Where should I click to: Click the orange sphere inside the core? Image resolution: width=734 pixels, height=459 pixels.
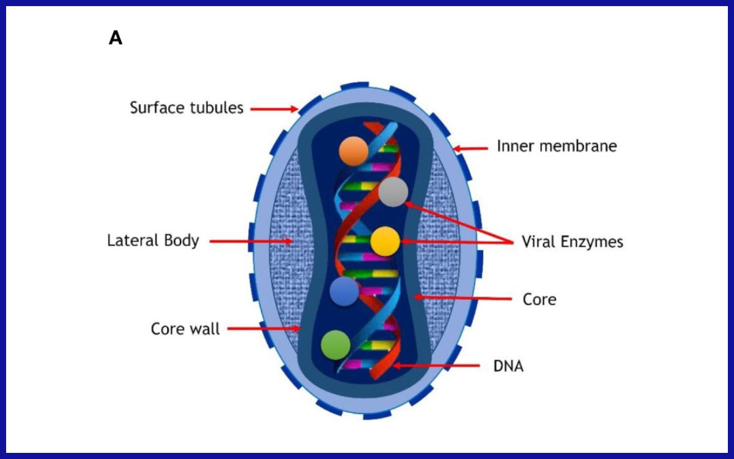pos(354,151)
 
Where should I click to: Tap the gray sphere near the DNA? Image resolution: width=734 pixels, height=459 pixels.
pos(393,192)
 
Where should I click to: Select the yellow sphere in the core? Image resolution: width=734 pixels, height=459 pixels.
pos(385,241)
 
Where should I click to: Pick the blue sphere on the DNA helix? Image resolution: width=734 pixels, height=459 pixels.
pos(344,291)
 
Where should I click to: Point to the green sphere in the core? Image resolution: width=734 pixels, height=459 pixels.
pos(336,344)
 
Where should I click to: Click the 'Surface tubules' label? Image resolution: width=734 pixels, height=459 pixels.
pos(187,108)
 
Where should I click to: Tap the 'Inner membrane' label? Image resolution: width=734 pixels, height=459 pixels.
pos(557,146)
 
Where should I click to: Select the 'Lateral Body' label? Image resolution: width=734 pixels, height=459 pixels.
pos(153,241)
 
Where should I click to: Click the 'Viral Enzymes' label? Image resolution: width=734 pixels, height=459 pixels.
pos(573,242)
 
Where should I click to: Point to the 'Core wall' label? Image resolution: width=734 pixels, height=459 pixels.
pos(185,329)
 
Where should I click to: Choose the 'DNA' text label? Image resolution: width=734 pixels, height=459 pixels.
pos(508,367)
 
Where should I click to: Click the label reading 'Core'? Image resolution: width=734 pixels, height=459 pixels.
pos(539,300)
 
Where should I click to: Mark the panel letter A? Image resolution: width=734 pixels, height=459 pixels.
pos(116,38)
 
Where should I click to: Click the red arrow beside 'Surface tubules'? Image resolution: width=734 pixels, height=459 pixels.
pos(274,109)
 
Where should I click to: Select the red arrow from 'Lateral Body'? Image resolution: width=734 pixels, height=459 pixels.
pos(251,241)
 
